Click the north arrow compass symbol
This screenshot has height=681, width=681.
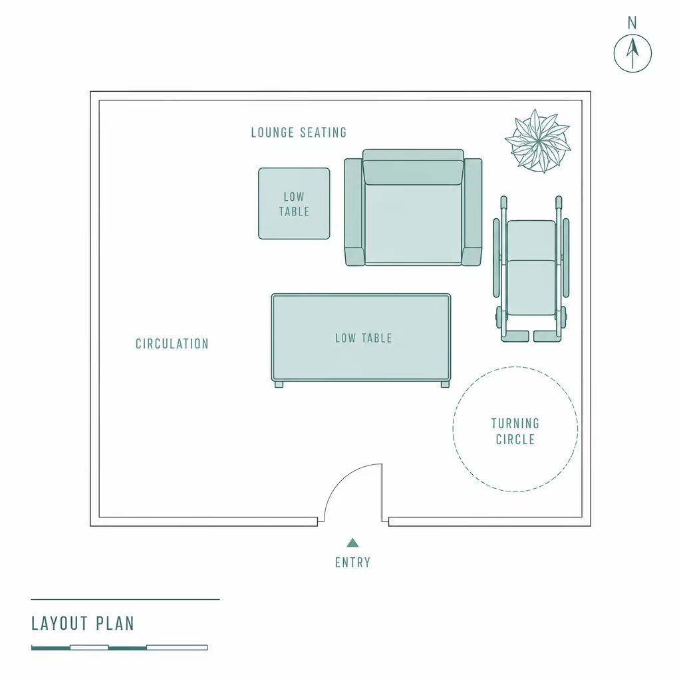[632, 53]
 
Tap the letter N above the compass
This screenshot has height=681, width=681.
[632, 23]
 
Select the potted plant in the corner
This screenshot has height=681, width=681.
[538, 141]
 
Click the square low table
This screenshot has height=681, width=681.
[294, 204]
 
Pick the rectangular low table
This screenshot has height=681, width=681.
[361, 339]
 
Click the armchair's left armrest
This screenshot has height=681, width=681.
[354, 212]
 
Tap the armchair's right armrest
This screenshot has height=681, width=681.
[472, 212]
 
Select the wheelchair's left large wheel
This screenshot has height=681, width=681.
[496, 258]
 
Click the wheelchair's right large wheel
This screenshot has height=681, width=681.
[566, 258]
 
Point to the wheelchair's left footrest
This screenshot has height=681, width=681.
[515, 336]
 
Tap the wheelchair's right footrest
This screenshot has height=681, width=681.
[547, 336]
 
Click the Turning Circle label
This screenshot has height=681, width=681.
[515, 431]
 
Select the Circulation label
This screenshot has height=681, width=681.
[172, 344]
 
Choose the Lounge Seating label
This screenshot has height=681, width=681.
[299, 132]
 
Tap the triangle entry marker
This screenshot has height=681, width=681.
[352, 543]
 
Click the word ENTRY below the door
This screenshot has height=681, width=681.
[352, 563]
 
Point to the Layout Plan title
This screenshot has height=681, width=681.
[82, 624]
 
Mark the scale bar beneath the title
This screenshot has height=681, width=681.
[120, 648]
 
